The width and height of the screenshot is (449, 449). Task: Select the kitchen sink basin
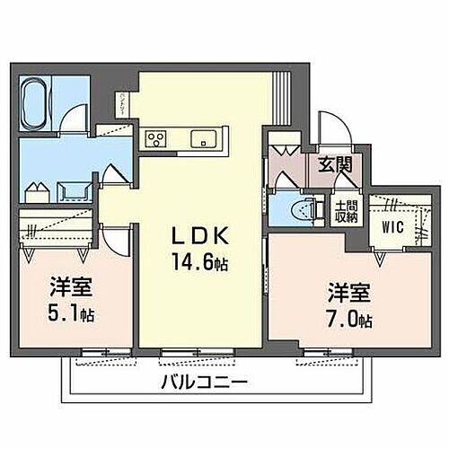coord(201,138)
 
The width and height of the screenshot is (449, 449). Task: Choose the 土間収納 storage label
coord(345,212)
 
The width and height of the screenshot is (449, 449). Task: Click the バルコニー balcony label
coord(204,380)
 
